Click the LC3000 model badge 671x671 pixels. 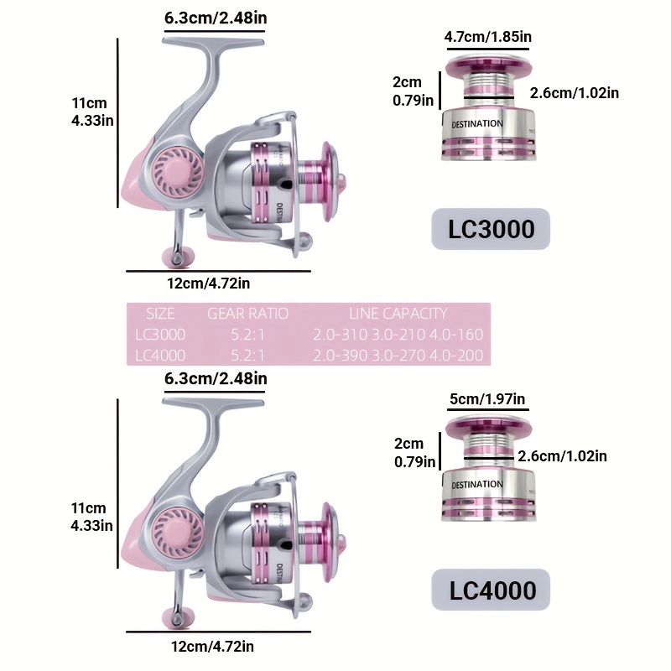click(x=491, y=229)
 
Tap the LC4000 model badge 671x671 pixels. click(x=491, y=590)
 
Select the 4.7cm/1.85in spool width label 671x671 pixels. click(x=488, y=37)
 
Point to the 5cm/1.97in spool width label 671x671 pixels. click(x=487, y=399)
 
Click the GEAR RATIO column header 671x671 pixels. click(x=247, y=314)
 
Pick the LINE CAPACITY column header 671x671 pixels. click(x=398, y=314)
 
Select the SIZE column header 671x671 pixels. click(x=160, y=314)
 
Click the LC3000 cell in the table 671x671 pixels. click(x=160, y=334)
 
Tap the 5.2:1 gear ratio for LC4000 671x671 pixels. click(x=247, y=355)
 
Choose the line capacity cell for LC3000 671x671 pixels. click(x=398, y=334)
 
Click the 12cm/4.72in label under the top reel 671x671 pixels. click(x=208, y=283)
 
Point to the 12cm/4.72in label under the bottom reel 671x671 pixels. click(x=213, y=646)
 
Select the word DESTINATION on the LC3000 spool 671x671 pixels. click(x=477, y=124)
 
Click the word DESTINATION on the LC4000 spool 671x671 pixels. click(x=477, y=485)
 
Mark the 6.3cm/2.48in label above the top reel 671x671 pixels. click(x=216, y=18)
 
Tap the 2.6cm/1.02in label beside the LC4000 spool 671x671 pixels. click(x=562, y=456)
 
